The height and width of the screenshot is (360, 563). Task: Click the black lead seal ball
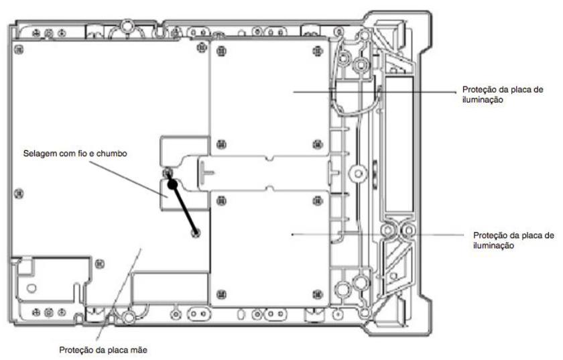pos(173,184)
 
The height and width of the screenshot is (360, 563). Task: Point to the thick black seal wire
pos(182,204)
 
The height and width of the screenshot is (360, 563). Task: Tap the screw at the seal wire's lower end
pos(196,233)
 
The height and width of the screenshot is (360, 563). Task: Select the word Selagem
pos(39,154)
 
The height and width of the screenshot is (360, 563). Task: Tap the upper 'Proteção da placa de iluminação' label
pos(502,95)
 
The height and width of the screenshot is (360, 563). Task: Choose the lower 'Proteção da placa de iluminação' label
pos(513,241)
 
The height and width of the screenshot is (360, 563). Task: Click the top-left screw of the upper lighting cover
pos(222,51)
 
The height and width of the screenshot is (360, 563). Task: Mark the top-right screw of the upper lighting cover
pos(318,51)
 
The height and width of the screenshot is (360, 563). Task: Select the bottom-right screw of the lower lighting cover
pos(318,294)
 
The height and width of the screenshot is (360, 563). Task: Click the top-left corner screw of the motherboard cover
pos(19,50)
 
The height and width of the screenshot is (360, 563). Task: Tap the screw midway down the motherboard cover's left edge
pos(19,194)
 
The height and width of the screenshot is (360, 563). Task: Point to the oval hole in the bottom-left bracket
pos(32,288)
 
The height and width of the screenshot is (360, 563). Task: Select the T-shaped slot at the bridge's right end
pos(333,173)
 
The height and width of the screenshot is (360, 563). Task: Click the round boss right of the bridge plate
pos(358,174)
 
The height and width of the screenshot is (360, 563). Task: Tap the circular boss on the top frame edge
pos(127,26)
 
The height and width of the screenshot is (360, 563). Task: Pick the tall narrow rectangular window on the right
pos(399,143)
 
